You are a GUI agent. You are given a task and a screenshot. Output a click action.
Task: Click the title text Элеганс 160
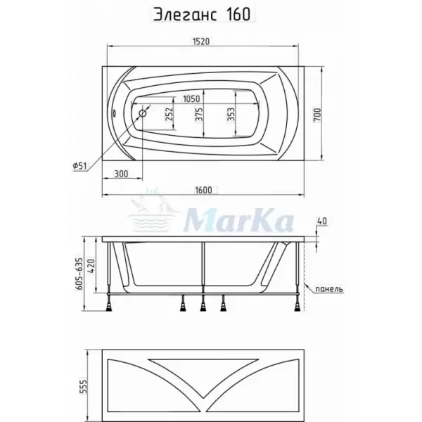[x=202, y=15]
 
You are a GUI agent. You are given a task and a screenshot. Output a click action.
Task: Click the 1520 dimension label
[x=201, y=41]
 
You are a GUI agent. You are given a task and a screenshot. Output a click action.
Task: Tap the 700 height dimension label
[x=318, y=115]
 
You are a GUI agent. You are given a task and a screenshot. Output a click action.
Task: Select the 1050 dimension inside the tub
[x=191, y=98]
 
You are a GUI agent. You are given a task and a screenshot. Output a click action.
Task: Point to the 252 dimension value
[x=169, y=114]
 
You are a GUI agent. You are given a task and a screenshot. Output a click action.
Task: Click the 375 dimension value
[x=199, y=115]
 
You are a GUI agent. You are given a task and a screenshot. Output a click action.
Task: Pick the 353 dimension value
[x=231, y=115]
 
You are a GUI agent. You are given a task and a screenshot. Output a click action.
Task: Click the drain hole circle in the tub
[x=143, y=113]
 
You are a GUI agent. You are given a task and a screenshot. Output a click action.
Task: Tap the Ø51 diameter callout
[x=80, y=166]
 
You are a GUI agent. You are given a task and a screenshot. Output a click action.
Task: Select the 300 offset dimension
[x=121, y=174]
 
